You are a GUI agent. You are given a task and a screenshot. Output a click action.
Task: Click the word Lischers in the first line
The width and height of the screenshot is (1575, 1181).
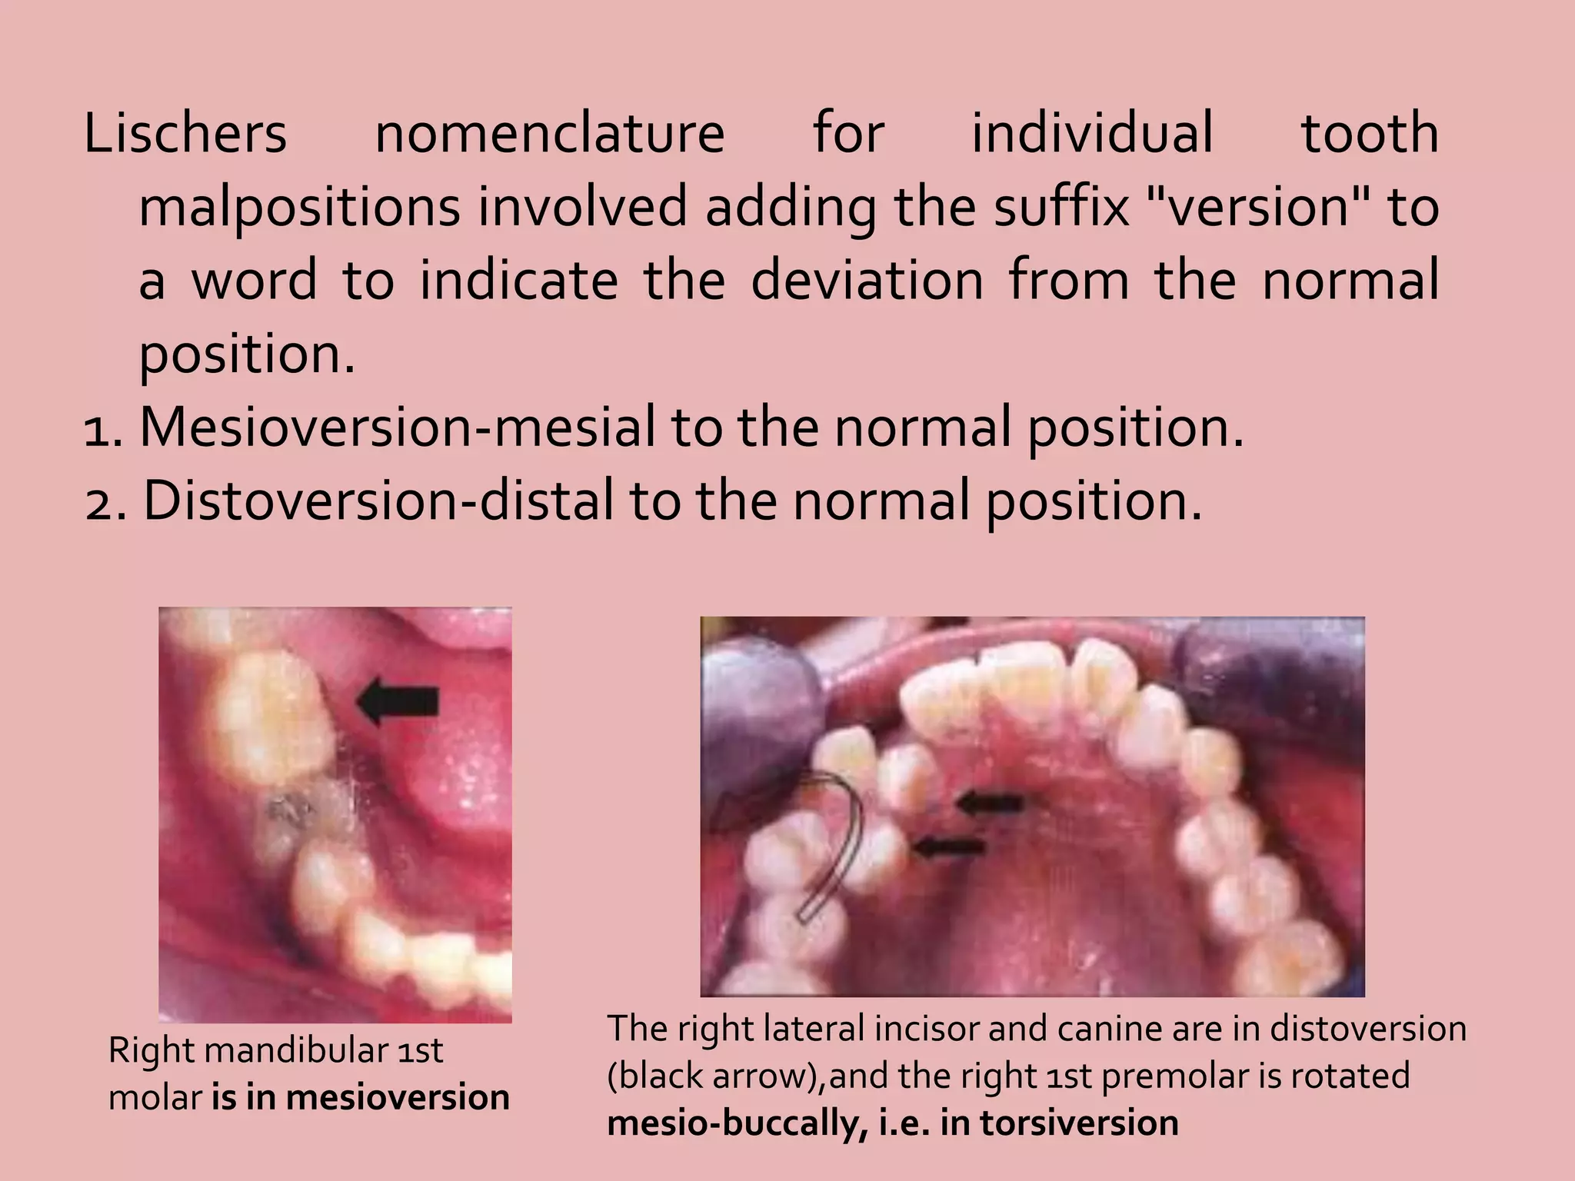point(185,134)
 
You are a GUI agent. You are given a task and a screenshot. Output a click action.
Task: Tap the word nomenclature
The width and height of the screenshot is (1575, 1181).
point(549,134)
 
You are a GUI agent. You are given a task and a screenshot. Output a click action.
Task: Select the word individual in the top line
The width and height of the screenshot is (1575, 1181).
point(1093,134)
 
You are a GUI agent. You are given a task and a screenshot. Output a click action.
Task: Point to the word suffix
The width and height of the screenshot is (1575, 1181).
point(1061,208)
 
